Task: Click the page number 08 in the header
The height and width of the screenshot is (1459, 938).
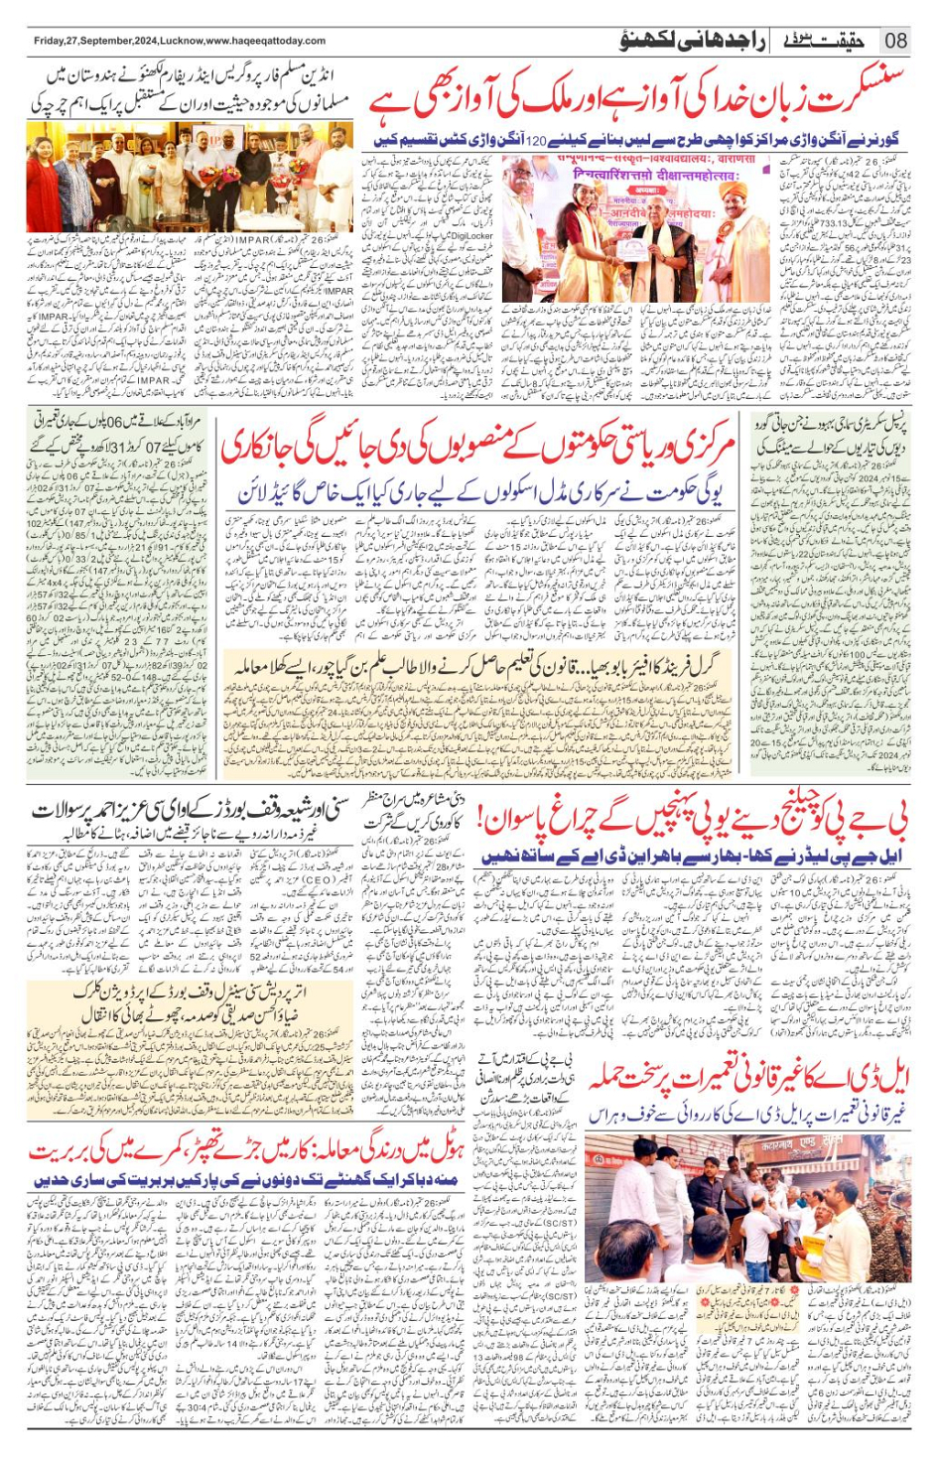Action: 895,41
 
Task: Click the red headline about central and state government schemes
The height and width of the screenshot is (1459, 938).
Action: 476,445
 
